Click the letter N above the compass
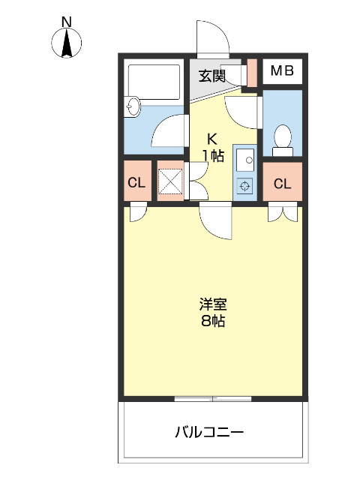click(x=66, y=22)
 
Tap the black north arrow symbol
click(x=66, y=44)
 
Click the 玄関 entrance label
click(x=211, y=75)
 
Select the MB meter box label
click(x=281, y=71)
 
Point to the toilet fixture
click(x=283, y=139)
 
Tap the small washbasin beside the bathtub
click(x=133, y=106)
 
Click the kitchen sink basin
click(x=244, y=159)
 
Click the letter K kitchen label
click(x=212, y=139)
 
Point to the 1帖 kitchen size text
click(x=212, y=156)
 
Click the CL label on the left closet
click(x=136, y=182)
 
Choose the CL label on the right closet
click(x=282, y=184)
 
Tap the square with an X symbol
click(x=170, y=181)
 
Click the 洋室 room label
click(x=212, y=305)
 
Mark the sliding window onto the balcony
click(x=213, y=398)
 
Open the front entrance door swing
click(x=212, y=37)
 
